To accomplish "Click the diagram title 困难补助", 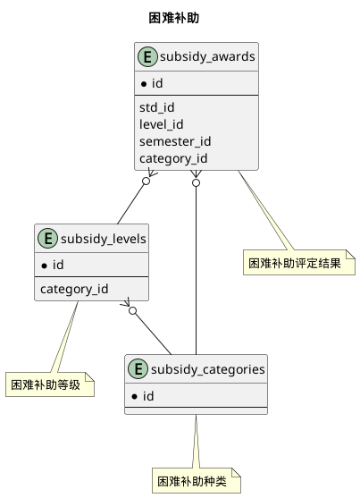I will click(180, 18).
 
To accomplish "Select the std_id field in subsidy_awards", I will click(156, 107).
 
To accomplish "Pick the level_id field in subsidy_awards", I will click(161, 124).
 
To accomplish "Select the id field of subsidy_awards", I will click(155, 84).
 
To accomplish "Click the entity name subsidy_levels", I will click(98, 239).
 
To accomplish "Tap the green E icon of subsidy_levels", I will click(46, 239).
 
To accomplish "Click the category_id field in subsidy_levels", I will click(74, 288).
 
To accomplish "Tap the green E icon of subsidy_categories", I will click(138, 368).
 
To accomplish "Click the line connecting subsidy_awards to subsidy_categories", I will click(196, 268).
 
